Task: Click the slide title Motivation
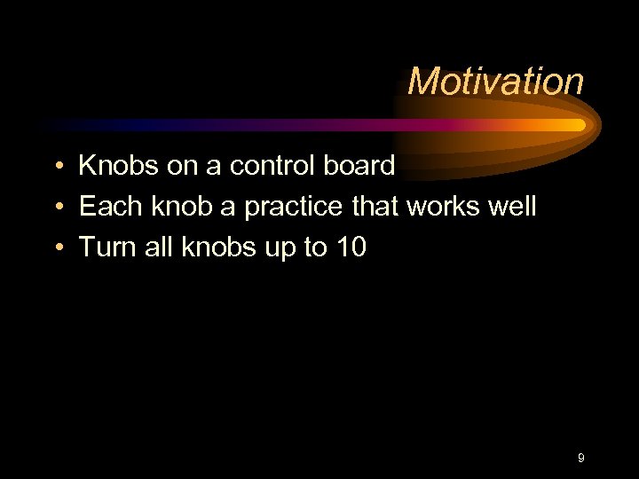[x=495, y=82]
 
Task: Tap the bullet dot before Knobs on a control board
[x=56, y=166]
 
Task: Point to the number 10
[x=351, y=247]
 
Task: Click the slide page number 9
[x=580, y=458]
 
